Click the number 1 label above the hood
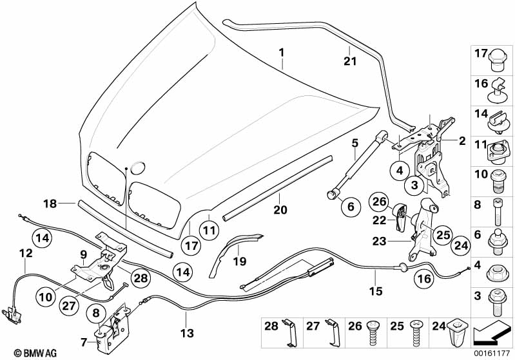point(281,51)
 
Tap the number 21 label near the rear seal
point(349,61)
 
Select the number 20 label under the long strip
point(279,209)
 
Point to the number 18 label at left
point(50,204)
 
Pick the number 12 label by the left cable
point(25,254)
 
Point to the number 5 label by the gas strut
point(354,143)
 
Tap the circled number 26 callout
point(378,202)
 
